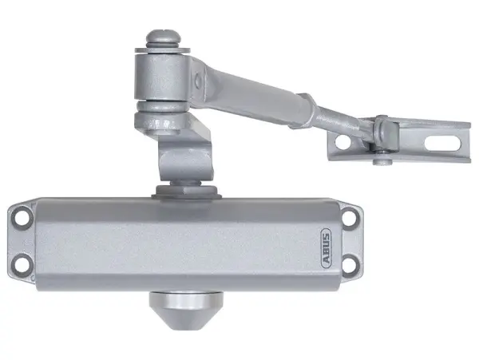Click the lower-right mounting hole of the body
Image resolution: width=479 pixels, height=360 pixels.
pos(350,260)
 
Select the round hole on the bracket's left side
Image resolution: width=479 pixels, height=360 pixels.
pos(342,142)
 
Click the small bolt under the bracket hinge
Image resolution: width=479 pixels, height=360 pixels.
pos(378,163)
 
